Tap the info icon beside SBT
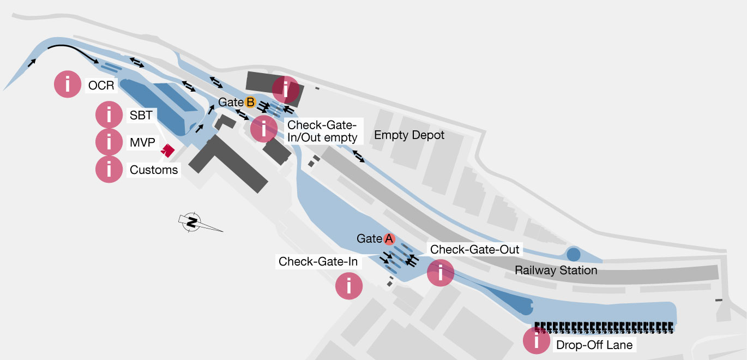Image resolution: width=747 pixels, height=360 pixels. pos(109,115)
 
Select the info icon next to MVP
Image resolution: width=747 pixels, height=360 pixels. pos(109,142)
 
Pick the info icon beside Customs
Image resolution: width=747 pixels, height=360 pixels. pos(109,170)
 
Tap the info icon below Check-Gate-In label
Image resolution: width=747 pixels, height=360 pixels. pos(349,285)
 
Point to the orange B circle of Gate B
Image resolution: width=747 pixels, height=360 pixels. pos(250,102)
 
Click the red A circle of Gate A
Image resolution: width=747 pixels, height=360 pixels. pos(389,238)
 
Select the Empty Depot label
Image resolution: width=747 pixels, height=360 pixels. pos(409,135)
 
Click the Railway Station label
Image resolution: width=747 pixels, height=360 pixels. pos(556,270)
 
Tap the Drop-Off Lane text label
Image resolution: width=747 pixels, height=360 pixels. pos(594,345)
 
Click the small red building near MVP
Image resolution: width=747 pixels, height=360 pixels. pos(167,151)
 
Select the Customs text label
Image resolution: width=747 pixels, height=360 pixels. pos(154,170)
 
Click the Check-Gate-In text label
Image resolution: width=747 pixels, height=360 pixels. pos(318,261)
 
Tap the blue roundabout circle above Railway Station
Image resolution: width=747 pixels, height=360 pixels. pos(573,254)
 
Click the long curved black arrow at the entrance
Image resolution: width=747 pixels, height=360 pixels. pos(71,51)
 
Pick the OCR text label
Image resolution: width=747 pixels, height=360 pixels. pos(101,85)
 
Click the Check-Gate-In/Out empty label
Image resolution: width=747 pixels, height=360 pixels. pos(322,131)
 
